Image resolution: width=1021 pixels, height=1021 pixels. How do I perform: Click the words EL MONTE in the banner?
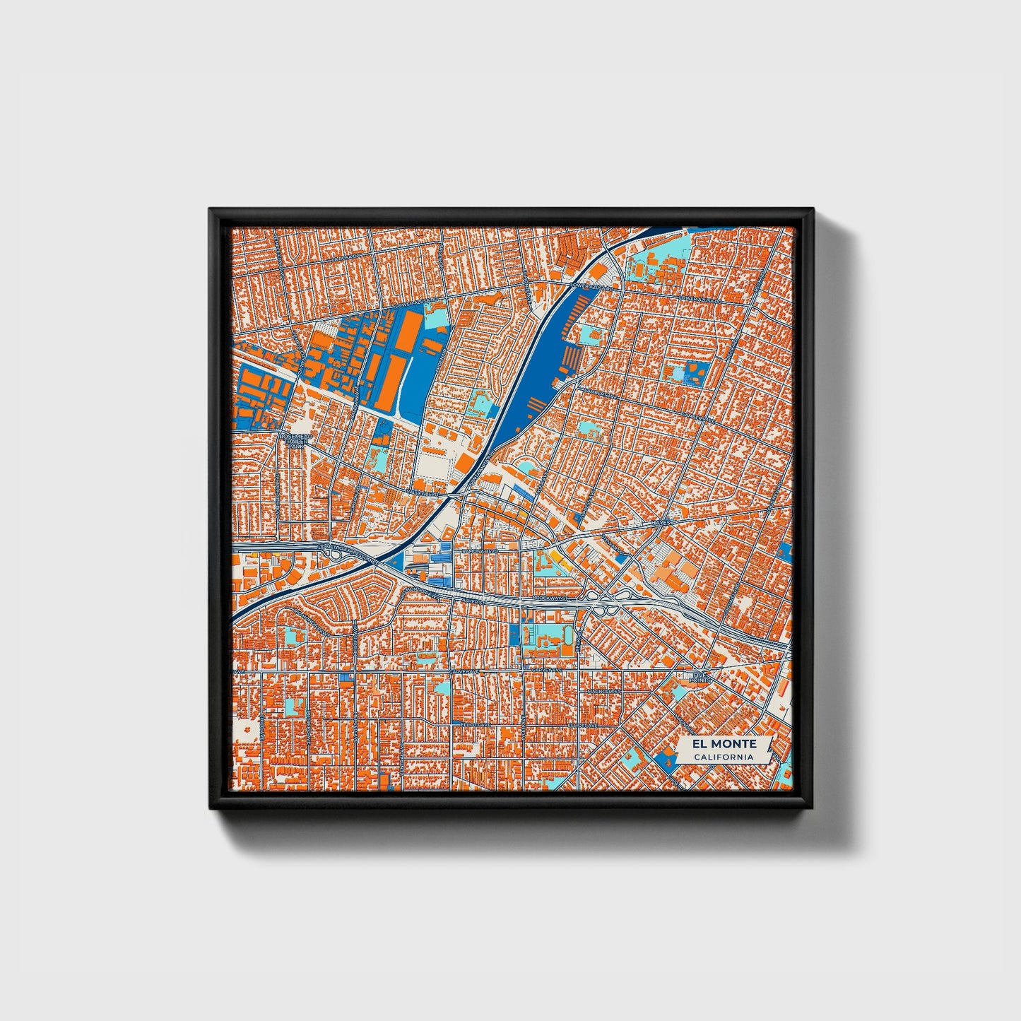pos(724,744)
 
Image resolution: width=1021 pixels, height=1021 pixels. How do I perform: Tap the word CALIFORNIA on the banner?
pos(724,757)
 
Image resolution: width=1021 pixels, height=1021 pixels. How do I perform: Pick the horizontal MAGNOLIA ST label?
pos(603,691)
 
